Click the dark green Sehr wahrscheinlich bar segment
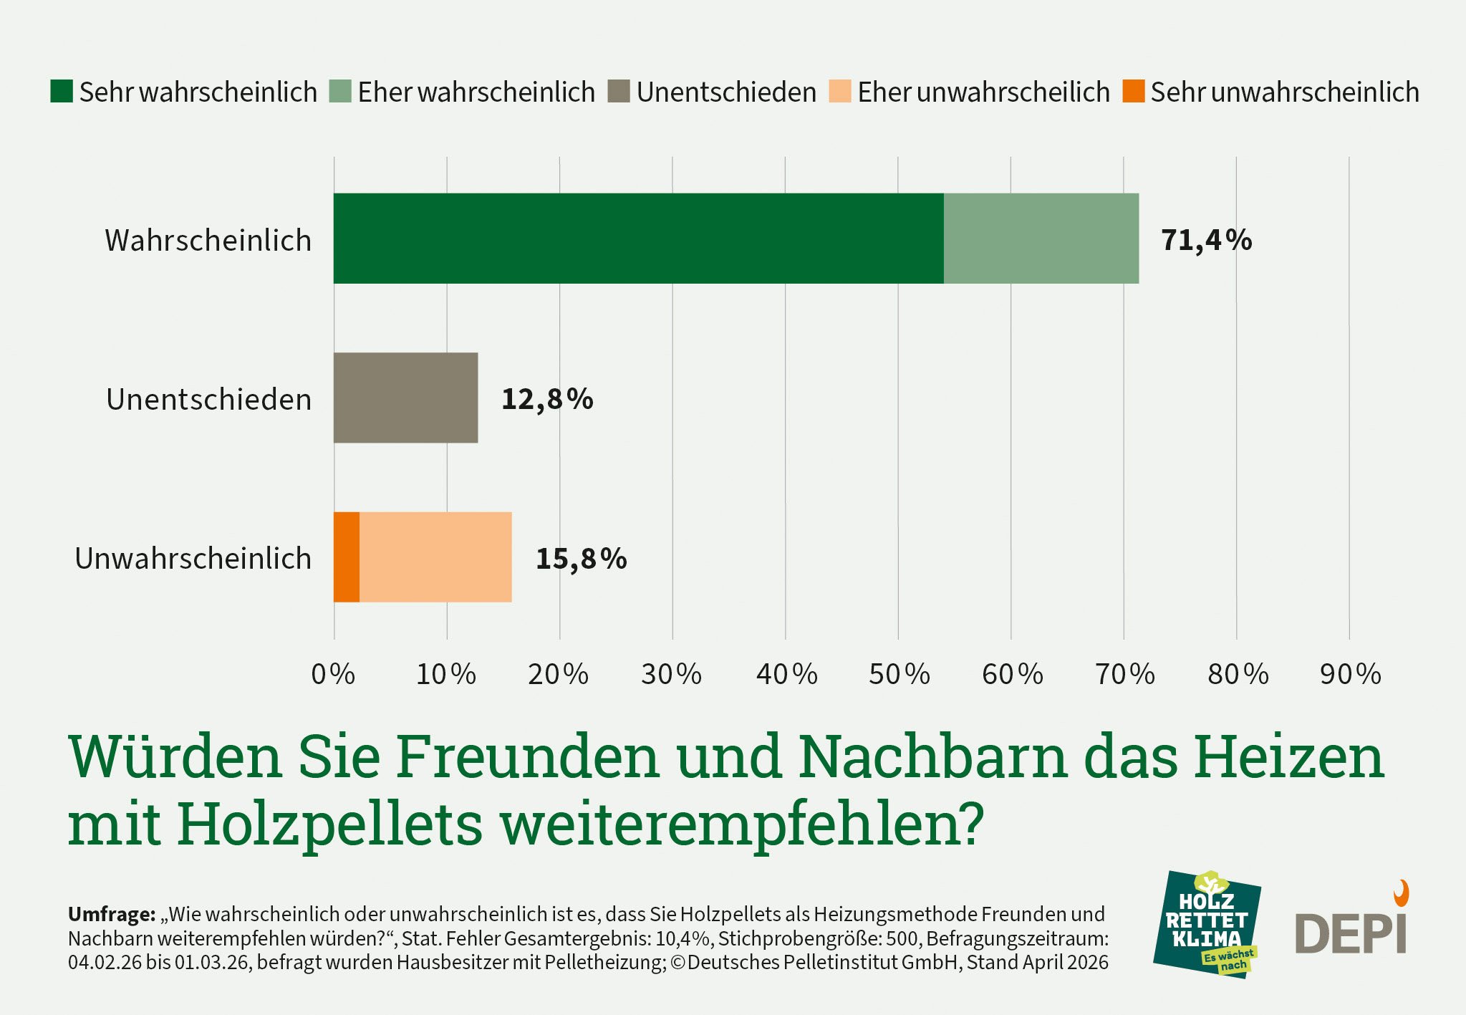(x=637, y=239)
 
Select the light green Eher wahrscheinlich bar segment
(x=1041, y=239)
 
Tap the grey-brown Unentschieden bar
(x=405, y=398)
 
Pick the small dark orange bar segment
(x=347, y=557)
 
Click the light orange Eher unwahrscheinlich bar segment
(x=435, y=557)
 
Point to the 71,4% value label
(x=1206, y=240)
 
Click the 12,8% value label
(x=547, y=399)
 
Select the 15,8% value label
(x=581, y=559)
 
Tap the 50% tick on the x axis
(x=899, y=674)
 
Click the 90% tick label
(x=1350, y=674)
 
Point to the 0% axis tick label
(x=333, y=674)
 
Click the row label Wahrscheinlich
(x=208, y=241)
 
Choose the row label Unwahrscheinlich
(x=193, y=559)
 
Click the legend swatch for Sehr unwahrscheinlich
(x=1133, y=92)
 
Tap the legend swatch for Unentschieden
(x=619, y=92)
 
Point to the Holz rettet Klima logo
(x=1206, y=925)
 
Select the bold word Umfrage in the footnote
(x=111, y=914)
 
